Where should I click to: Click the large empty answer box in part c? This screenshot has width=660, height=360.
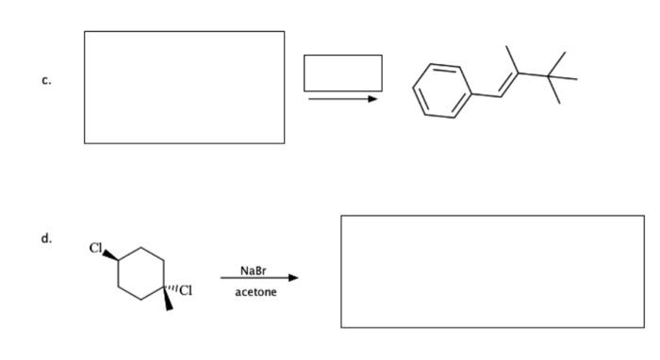tap(184, 88)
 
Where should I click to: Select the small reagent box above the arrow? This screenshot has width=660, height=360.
tap(343, 73)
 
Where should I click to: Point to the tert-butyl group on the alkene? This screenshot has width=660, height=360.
tap(556, 74)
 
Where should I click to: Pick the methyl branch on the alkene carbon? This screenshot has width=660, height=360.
tap(510, 56)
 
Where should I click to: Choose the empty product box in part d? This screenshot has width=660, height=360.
tap(492, 271)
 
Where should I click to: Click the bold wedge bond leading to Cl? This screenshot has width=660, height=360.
tap(110, 256)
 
